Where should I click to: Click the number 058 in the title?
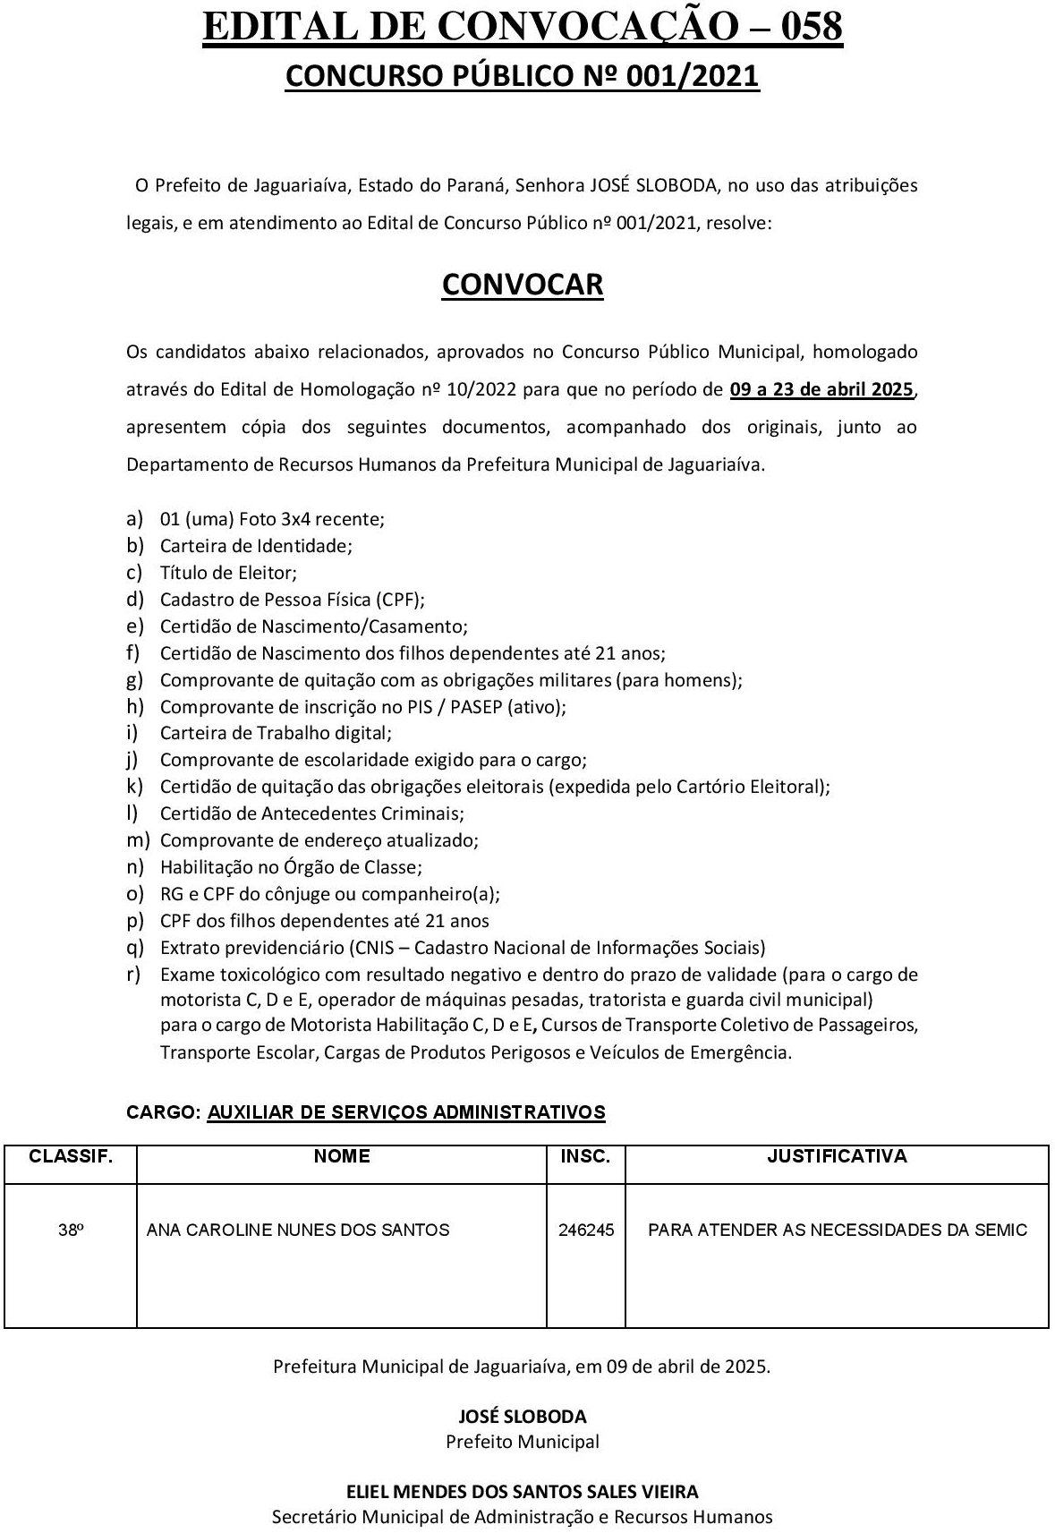pyautogui.click(x=800, y=28)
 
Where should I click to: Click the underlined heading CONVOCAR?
pyautogui.click(x=523, y=284)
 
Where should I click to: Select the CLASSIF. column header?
pyautogui.click(x=71, y=1156)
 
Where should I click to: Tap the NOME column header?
pyautogui.click(x=342, y=1156)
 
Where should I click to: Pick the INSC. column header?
pyautogui.click(x=585, y=1156)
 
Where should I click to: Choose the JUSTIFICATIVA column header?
pyautogui.click(x=837, y=1156)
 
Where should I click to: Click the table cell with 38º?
pyautogui.click(x=71, y=1230)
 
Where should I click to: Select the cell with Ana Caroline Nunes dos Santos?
pyautogui.click(x=298, y=1230)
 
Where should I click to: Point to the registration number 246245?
pyautogui.click(x=586, y=1230)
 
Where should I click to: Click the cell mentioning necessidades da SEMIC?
pyautogui.click(x=837, y=1230)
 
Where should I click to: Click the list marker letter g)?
pyautogui.click(x=135, y=679)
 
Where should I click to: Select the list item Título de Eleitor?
pyautogui.click(x=228, y=572)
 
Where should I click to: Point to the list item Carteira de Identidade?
pyautogui.click(x=256, y=545)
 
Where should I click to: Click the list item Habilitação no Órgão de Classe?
pyautogui.click(x=291, y=866)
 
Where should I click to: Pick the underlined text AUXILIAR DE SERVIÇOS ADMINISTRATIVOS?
pyautogui.click(x=406, y=1112)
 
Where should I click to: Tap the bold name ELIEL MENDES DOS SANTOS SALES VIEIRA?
pyautogui.click(x=523, y=1492)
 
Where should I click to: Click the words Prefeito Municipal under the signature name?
pyautogui.click(x=523, y=1442)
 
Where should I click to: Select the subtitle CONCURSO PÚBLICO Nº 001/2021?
pyautogui.click(x=523, y=76)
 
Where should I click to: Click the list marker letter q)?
pyautogui.click(x=135, y=947)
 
